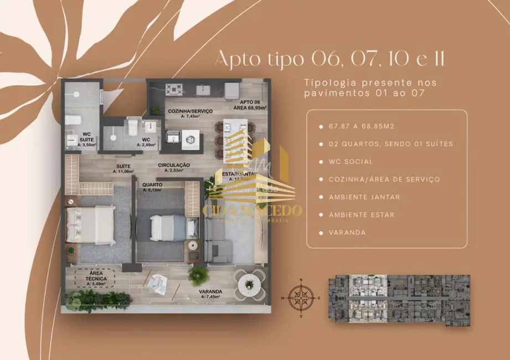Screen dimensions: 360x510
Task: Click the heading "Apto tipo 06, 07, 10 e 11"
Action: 329,58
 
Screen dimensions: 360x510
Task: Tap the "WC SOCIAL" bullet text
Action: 351,162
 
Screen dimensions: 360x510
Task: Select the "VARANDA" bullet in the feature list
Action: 347,233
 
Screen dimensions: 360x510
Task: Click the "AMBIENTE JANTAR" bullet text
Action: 364,197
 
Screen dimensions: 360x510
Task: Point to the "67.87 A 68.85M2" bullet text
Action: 363,126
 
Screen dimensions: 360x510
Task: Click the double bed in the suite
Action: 90,224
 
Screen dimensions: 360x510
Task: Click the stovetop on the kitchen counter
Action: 175,89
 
